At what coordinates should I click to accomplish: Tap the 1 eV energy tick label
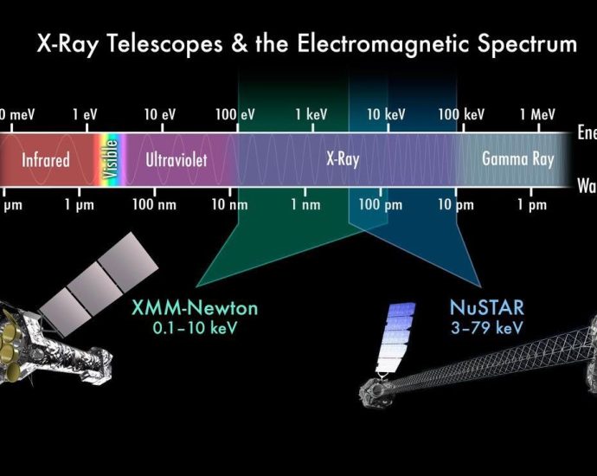pos(86,114)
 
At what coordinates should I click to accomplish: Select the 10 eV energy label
pos(160,114)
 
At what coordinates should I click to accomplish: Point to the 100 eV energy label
pos(235,114)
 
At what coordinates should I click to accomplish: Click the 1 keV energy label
pos(311,114)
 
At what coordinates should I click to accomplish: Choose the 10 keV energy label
pos(386,114)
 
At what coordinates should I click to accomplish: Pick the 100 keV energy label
pos(461,114)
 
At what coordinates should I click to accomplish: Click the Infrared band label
pos(45,159)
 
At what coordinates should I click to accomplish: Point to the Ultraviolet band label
pos(177,159)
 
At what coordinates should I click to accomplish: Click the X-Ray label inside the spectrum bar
pos(343,159)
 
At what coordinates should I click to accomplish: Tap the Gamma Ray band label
pos(517,159)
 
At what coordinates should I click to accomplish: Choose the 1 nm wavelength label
pos(305,205)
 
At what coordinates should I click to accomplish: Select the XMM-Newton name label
pos(195,309)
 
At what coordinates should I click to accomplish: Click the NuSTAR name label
pos(486,308)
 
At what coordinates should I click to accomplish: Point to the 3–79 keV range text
pos(486,328)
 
